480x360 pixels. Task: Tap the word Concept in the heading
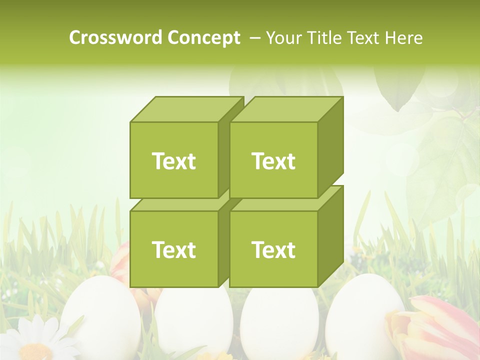[203, 37]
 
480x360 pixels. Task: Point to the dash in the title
[254, 37]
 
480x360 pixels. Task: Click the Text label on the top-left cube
[173, 161]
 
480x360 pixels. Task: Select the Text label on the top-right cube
[273, 161]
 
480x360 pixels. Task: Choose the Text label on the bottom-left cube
[173, 249]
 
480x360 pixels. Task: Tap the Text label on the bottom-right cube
[273, 249]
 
